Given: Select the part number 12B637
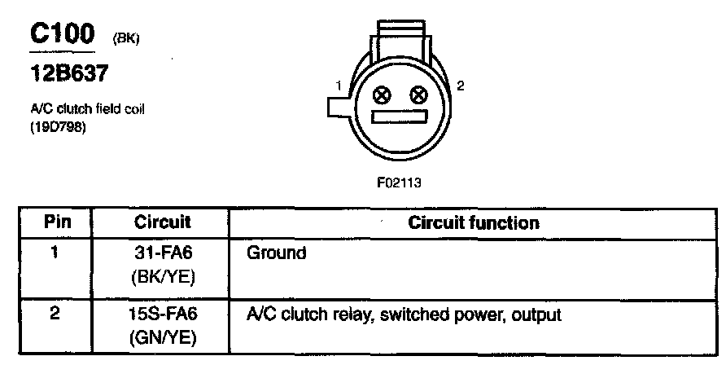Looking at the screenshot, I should point(67,74).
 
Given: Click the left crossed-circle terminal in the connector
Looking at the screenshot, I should point(380,95).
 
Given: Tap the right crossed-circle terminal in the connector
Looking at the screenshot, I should point(418,95).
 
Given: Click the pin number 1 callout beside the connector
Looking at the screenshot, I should point(336,85).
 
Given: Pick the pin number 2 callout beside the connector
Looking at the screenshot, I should point(460,85).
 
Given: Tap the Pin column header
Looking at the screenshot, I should point(57,222).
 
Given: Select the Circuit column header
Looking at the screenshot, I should point(163,222).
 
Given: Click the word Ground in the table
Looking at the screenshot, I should point(276,253).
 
